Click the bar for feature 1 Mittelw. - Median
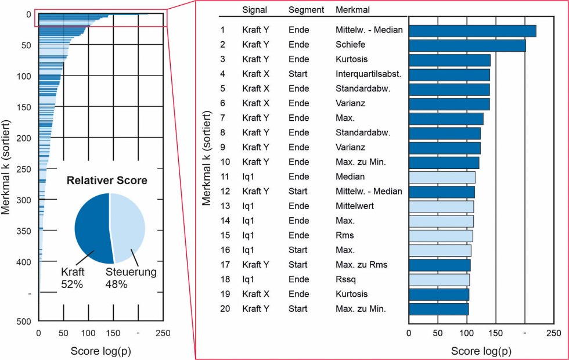point(472,31)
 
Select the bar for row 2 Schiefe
point(467,45)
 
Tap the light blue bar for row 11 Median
point(442,177)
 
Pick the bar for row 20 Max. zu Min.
point(438,309)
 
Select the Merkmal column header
point(352,10)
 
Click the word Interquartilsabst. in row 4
point(364,74)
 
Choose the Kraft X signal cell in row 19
point(256,294)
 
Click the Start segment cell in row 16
point(298,250)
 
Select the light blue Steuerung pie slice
point(128,226)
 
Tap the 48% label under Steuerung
point(116,285)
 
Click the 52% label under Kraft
point(72,285)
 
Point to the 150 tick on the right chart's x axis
point(495,333)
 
